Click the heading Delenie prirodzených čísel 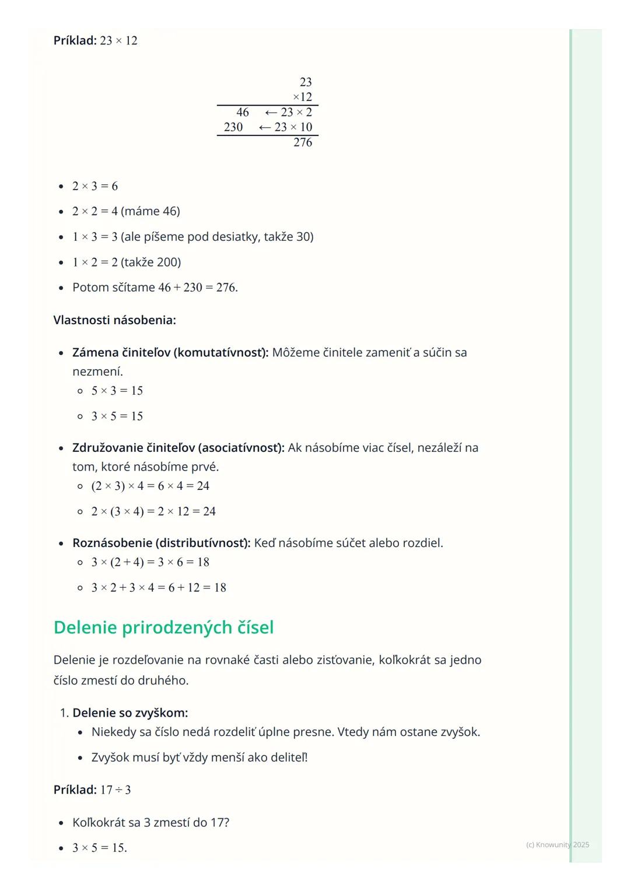pos(163,627)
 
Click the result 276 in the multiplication pos(303,142)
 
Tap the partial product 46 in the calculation pos(243,112)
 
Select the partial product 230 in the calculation pos(233,127)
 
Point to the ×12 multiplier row pos(302,97)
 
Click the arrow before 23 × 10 pos(265,127)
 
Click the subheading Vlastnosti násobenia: pos(114,320)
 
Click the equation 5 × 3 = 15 pos(117,391)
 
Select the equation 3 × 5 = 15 pos(117,416)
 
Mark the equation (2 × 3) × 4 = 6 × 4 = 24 pos(150,486)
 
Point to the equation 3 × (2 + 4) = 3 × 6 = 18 pos(150,562)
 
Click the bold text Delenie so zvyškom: pos(130,713)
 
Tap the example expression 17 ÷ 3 pos(116,790)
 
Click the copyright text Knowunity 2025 pos(557,845)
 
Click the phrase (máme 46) pos(150,211)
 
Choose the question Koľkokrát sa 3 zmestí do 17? pos(150,822)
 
